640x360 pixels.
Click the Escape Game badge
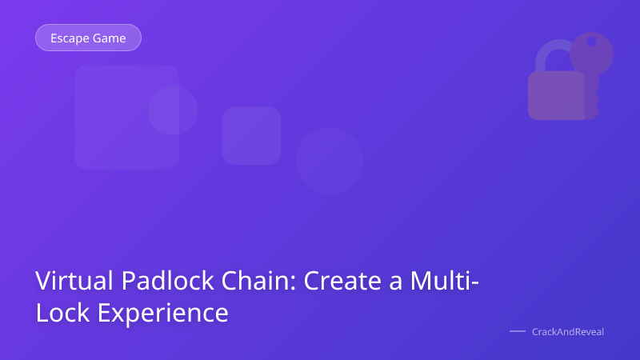pyautogui.click(x=88, y=38)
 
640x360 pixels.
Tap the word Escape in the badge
pyautogui.click(x=70, y=38)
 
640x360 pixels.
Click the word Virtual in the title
pyautogui.click(x=70, y=282)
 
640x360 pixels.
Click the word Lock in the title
pyautogui.click(x=61, y=312)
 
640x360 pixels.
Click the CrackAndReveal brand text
pyautogui.click(x=568, y=331)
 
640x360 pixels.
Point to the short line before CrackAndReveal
pyautogui.click(x=518, y=331)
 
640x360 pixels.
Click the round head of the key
pyautogui.click(x=592, y=50)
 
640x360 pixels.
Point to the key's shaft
pyautogui.click(x=591, y=92)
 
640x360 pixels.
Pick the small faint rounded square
pyautogui.click(x=251, y=135)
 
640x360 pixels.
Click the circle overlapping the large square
pyautogui.click(x=173, y=110)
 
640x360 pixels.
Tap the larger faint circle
pyautogui.click(x=329, y=160)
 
